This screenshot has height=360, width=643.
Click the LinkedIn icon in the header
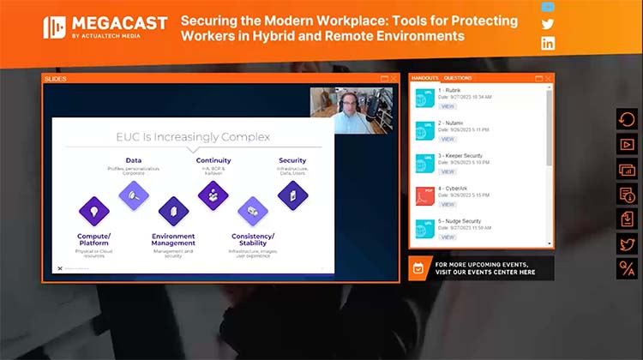[548, 43]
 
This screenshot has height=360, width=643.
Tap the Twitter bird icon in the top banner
[548, 24]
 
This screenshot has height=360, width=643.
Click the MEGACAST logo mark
[55, 27]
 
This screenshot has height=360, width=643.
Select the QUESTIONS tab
[458, 78]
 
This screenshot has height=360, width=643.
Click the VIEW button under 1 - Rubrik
[448, 106]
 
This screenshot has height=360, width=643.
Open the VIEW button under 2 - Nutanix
[448, 139]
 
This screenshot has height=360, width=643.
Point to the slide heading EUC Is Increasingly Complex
[193, 136]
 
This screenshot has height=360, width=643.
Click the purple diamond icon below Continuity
[213, 195]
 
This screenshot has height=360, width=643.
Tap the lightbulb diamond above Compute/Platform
[93, 210]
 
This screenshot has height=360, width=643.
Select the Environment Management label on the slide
[173, 239]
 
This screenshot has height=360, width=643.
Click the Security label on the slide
[292, 160]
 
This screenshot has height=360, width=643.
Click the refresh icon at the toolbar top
[626, 120]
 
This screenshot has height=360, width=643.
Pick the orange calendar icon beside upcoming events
[418, 268]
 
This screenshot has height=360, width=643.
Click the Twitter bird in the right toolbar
[626, 243]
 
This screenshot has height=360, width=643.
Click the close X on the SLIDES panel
[393, 79]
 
